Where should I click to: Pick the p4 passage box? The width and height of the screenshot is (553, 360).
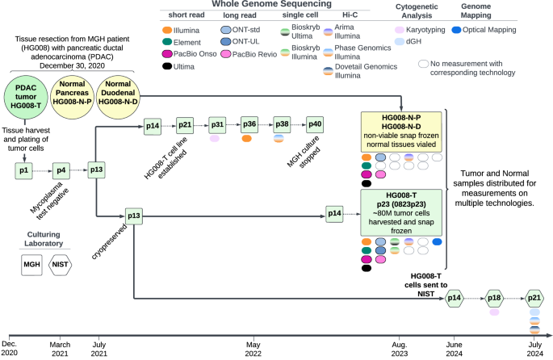(x=62, y=170)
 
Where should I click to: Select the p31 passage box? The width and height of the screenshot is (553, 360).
(x=216, y=124)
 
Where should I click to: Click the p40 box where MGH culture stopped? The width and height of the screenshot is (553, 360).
(x=314, y=124)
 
